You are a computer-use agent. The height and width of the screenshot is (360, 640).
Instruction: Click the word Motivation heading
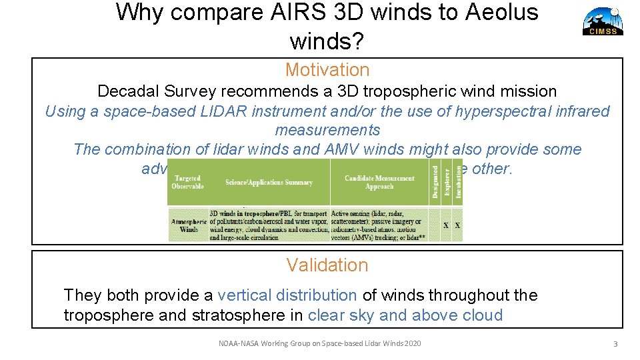[327, 70]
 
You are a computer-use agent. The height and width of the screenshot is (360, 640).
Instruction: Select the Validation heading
[327, 265]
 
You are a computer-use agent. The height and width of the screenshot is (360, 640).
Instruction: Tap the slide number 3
[615, 344]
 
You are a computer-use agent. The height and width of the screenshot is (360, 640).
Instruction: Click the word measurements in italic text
[327, 130]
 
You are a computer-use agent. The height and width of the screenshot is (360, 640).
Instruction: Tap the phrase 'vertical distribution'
[287, 295]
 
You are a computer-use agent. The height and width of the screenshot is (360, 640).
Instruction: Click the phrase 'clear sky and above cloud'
[405, 315]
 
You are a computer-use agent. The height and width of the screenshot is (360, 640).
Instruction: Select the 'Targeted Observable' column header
[187, 182]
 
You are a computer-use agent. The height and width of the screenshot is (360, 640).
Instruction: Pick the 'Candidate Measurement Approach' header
[379, 182]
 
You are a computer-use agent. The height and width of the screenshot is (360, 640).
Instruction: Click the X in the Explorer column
[446, 225]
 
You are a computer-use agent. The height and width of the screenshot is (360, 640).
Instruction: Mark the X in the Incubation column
[457, 225]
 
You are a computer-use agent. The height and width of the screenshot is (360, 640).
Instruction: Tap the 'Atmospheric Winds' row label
[189, 225]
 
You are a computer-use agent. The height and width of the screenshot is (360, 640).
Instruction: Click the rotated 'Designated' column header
[435, 182]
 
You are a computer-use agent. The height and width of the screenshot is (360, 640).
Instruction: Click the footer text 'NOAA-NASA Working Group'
[280, 344]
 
